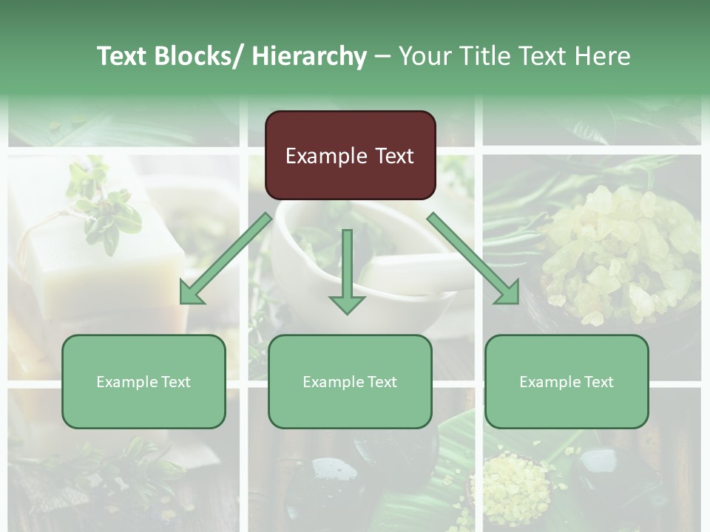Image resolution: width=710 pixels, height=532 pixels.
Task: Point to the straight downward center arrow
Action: pyautogui.click(x=347, y=270)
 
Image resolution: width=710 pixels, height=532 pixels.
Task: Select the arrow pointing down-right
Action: pyautogui.click(x=473, y=259)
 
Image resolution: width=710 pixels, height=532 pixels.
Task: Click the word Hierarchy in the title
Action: pyautogui.click(x=309, y=56)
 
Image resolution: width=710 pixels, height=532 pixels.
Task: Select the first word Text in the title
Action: pyautogui.click(x=124, y=56)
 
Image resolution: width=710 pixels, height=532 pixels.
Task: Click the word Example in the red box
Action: pyautogui.click(x=325, y=156)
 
